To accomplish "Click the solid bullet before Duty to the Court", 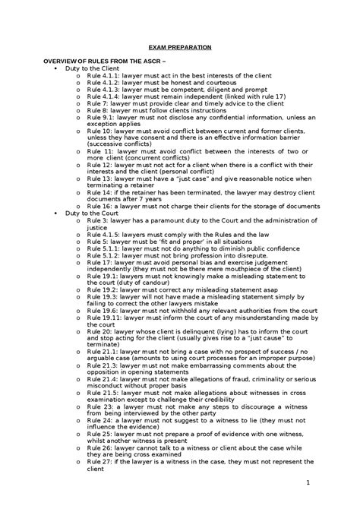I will pos(58,213).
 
